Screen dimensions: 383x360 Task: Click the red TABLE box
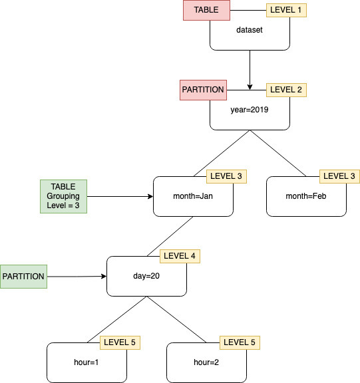tap(206, 11)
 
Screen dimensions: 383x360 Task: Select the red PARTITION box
tap(203, 90)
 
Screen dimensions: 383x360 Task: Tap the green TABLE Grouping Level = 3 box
tap(63, 197)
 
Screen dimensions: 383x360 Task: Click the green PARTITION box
tap(24, 276)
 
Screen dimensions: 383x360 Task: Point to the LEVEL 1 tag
tap(286, 10)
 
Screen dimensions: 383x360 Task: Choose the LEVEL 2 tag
tap(286, 90)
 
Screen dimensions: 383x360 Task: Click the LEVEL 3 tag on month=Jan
tap(226, 176)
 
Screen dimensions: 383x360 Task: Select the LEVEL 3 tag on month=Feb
tap(339, 176)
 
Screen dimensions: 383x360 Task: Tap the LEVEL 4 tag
tap(180, 255)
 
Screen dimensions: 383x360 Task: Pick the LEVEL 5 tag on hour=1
tap(120, 342)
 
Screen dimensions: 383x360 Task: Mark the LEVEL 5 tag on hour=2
tap(240, 342)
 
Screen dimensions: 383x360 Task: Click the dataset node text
tap(250, 30)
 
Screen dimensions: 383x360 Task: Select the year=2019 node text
tap(250, 110)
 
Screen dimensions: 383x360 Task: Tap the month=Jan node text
tap(193, 196)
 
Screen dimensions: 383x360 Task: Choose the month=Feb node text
tap(306, 196)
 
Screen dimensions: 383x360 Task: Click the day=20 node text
tap(146, 276)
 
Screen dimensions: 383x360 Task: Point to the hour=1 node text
tap(87, 362)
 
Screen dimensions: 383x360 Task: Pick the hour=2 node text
tap(206, 362)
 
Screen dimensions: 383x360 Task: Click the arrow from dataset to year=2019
tap(250, 70)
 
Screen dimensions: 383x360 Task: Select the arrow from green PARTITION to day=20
tap(77, 276)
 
